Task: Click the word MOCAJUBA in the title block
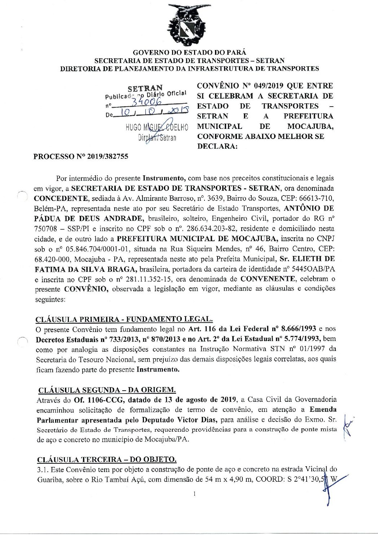click(x=310, y=126)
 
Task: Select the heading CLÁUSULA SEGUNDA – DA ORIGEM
click(x=107, y=390)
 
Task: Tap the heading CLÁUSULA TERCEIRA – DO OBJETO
click(x=107, y=460)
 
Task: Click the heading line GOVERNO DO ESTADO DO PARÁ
click(x=189, y=53)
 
